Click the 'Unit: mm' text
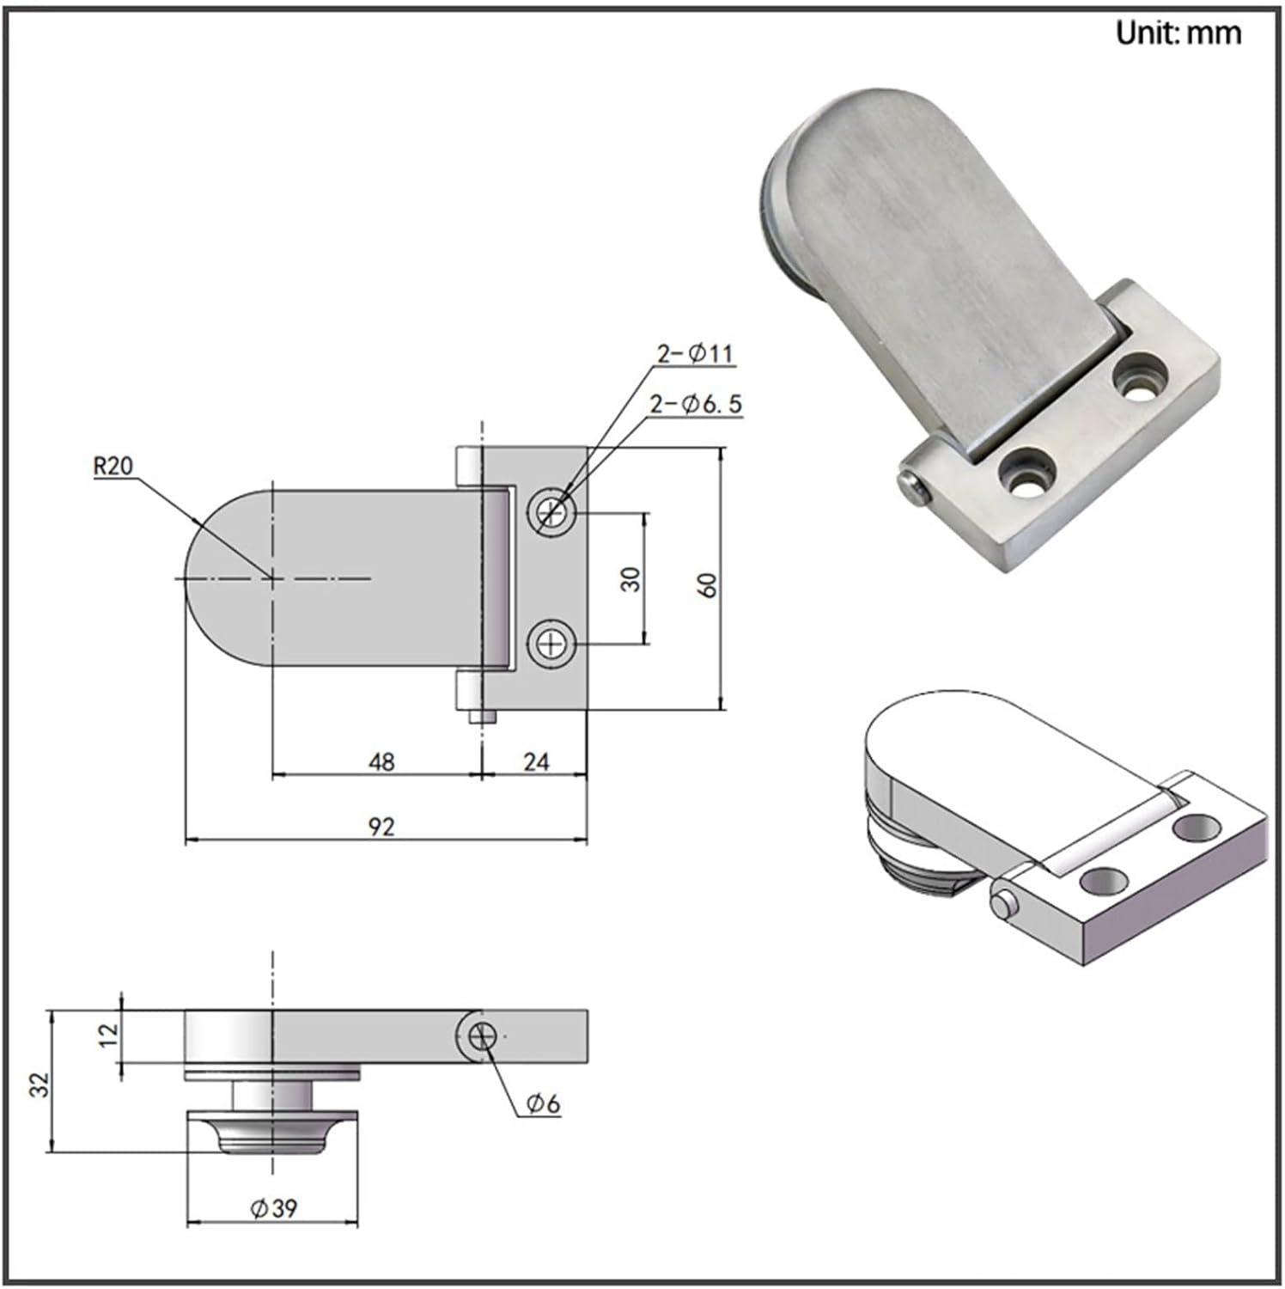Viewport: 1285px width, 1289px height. point(1178,34)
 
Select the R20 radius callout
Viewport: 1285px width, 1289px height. point(113,467)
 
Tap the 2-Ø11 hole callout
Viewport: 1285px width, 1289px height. point(695,353)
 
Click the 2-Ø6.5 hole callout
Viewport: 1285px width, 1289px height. point(695,404)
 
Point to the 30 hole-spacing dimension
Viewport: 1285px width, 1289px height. point(631,578)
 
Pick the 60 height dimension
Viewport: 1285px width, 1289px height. point(708,585)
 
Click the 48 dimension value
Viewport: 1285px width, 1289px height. point(381,761)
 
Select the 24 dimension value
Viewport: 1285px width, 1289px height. point(536,761)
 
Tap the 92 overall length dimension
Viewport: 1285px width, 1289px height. point(381,826)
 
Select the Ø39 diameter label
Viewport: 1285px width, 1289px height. point(273,1208)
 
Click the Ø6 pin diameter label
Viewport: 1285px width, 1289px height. point(543,1103)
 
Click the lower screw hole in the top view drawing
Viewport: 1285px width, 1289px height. point(551,643)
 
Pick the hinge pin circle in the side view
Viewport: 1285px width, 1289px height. point(483,1037)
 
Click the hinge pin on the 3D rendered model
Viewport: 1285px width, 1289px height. point(1002,905)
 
